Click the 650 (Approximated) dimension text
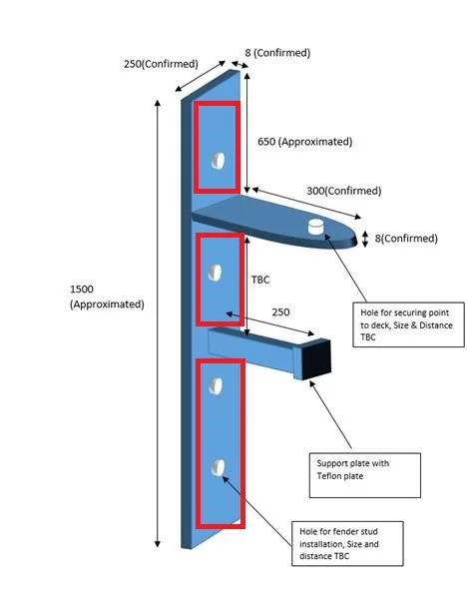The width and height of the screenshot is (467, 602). click(304, 142)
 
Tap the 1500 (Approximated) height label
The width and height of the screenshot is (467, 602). click(107, 297)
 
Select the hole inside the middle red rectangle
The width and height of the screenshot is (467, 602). click(214, 270)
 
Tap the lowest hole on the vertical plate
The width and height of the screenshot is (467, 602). click(217, 467)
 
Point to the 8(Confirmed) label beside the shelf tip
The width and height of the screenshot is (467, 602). click(403, 239)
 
